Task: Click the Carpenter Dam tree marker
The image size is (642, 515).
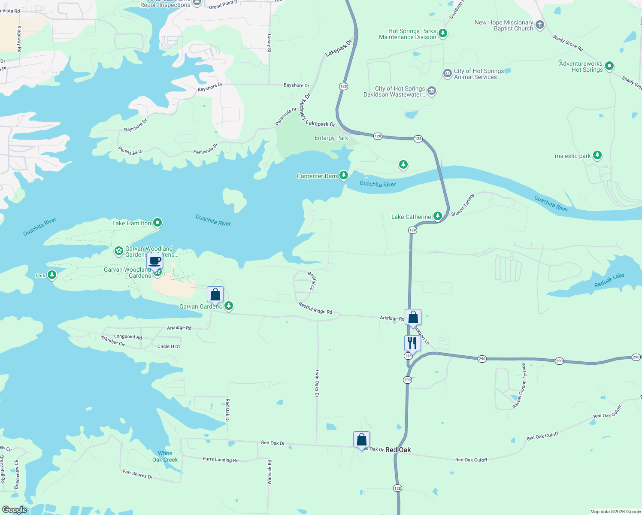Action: pyautogui.click(x=343, y=175)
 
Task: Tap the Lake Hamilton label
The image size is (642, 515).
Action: pyautogui.click(x=132, y=223)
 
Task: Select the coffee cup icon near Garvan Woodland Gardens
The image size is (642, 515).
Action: pyautogui.click(x=154, y=261)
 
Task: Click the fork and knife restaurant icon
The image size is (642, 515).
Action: pyautogui.click(x=412, y=343)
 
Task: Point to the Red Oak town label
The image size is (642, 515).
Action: pyautogui.click(x=398, y=450)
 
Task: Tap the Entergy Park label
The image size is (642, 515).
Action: pyautogui.click(x=331, y=138)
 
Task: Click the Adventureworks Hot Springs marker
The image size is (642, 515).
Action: pyautogui.click(x=609, y=66)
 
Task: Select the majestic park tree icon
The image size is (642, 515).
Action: pyautogui.click(x=597, y=155)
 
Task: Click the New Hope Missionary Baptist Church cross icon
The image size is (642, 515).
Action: pyautogui.click(x=540, y=25)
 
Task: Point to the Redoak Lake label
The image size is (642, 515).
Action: pyautogui.click(x=609, y=280)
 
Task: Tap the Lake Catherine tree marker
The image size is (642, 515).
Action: pyautogui.click(x=437, y=216)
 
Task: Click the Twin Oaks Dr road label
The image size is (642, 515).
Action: pyautogui.click(x=317, y=383)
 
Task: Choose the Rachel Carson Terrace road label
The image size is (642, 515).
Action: pyautogui.click(x=519, y=386)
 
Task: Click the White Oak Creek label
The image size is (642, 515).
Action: pyautogui.click(x=165, y=456)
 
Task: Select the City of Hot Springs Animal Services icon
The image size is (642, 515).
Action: pyautogui.click(x=447, y=74)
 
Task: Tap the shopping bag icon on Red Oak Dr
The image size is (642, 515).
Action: pyautogui.click(x=361, y=439)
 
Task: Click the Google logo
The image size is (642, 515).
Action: pyautogui.click(x=15, y=510)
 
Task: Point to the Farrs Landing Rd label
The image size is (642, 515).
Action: pyautogui.click(x=221, y=459)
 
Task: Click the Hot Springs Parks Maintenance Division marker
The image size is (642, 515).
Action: pyautogui.click(x=443, y=33)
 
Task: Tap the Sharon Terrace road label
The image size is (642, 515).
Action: pyautogui.click(x=463, y=205)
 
